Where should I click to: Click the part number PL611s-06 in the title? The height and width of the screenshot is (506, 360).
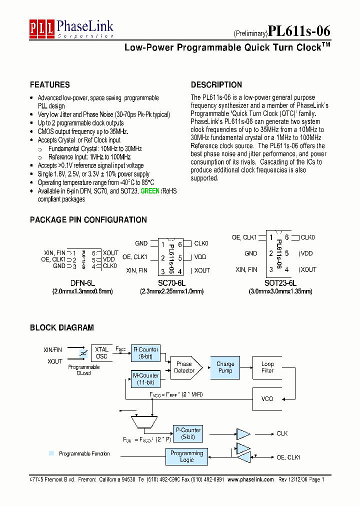(299, 31)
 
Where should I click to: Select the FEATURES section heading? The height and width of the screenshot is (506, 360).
(49, 85)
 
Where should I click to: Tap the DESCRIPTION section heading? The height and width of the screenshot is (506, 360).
(216, 85)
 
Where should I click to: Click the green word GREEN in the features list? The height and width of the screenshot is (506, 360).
(150, 191)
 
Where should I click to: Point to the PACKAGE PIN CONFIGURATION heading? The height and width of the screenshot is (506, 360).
(88, 220)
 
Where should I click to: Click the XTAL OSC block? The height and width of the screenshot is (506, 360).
(101, 353)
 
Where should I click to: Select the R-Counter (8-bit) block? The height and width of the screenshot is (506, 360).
(145, 353)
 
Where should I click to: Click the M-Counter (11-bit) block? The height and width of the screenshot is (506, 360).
(145, 379)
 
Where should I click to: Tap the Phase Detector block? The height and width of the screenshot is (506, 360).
(184, 367)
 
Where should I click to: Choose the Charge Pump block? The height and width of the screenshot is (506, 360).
(225, 367)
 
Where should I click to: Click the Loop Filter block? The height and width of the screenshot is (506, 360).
(267, 367)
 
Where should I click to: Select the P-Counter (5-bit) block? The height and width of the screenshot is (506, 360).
(188, 433)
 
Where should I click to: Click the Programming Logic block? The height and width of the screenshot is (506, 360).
(186, 456)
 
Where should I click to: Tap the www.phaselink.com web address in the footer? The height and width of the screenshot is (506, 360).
(250, 479)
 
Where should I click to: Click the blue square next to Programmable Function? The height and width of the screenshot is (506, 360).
(51, 453)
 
